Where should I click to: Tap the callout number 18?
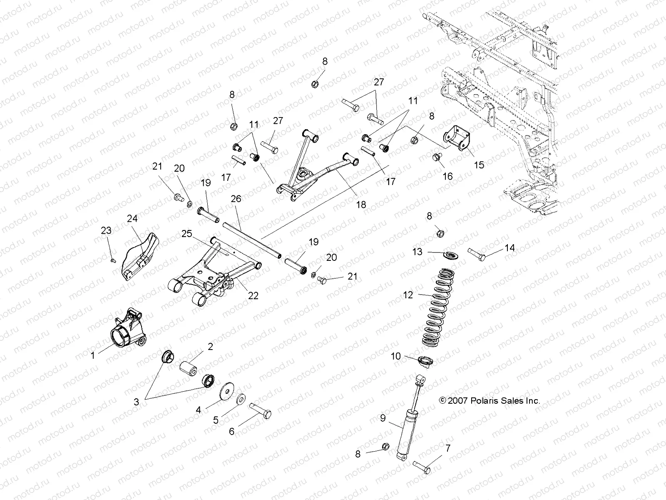point(361,205)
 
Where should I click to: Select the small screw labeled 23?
point(113,261)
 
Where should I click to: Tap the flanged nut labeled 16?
point(436,158)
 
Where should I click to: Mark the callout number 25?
point(186,234)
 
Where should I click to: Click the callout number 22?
point(253,296)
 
